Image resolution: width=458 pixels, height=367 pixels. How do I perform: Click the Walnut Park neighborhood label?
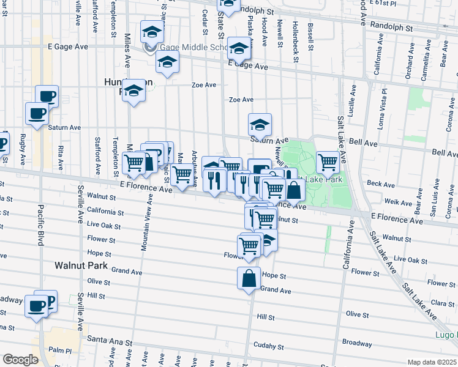pyautogui.click(x=81, y=266)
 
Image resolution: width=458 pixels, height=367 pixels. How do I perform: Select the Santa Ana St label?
pyautogui.click(x=106, y=338)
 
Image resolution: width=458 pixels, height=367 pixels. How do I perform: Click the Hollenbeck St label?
pyautogui.click(x=295, y=35)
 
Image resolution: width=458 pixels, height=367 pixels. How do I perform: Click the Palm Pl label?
pyautogui.click(x=61, y=351)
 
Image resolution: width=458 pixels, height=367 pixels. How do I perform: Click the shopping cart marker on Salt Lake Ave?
pyautogui.click(x=328, y=162)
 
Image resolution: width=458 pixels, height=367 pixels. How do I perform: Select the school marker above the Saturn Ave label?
pyautogui.click(x=260, y=125)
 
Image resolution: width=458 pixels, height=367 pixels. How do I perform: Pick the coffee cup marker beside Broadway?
pyautogui.click(x=36, y=305)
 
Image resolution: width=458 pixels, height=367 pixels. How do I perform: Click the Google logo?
pyautogui.click(x=20, y=360)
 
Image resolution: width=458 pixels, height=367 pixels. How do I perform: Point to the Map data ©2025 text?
pyautogui.click(x=432, y=362)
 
